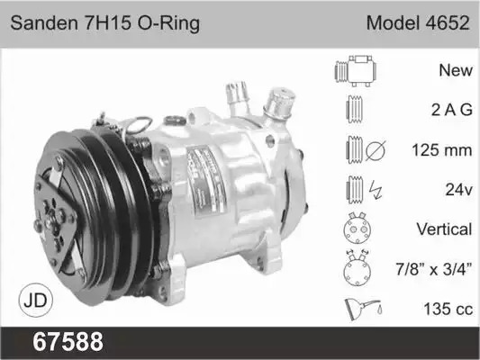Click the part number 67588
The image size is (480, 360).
[x=68, y=341]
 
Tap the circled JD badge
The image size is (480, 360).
[x=35, y=300]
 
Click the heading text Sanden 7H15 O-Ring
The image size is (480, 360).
[x=105, y=23]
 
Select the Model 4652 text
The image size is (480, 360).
[x=418, y=22]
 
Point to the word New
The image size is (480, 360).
[x=456, y=70]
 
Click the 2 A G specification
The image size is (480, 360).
[x=452, y=110]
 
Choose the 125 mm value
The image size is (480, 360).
[x=442, y=150]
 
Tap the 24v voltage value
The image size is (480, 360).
[x=459, y=190]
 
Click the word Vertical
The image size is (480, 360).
[x=444, y=229]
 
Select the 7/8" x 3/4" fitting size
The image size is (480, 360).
[x=434, y=269]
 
